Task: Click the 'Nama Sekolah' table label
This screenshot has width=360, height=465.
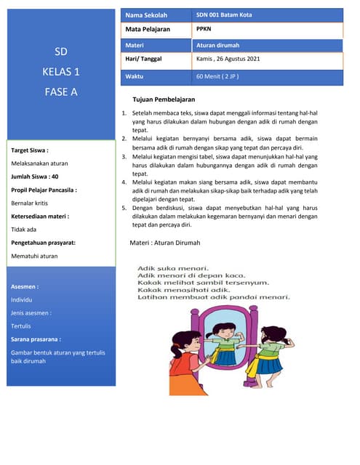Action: [145, 15]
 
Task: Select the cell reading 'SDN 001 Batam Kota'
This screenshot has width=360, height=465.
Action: [224, 15]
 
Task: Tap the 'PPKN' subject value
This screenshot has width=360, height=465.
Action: [204, 29]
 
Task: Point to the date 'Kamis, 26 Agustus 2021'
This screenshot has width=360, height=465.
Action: [228, 58]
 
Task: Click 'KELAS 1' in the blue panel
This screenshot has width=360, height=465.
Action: [60, 72]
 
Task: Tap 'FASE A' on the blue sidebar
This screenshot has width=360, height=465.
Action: [60, 92]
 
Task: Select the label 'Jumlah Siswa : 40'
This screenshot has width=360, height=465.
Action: [35, 177]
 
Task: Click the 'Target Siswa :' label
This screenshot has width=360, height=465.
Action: [30, 150]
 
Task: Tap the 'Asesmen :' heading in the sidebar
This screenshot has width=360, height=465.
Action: [25, 286]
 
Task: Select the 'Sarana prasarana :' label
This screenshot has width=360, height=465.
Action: [36, 339]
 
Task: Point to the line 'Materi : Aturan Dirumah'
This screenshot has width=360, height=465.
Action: [164, 242]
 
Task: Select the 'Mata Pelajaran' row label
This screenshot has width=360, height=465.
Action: [148, 29]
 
